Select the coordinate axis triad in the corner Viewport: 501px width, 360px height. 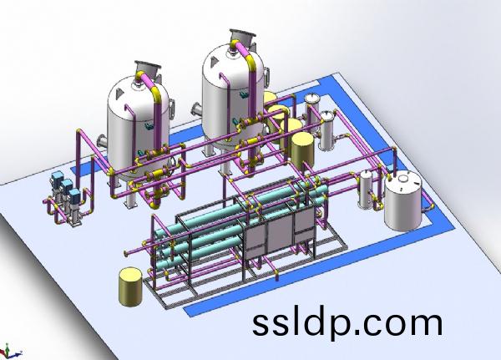coord(11,352)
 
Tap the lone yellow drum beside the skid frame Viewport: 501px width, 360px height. coord(130,286)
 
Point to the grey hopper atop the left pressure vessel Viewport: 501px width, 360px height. coord(147,70)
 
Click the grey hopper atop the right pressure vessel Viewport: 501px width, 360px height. coord(243,39)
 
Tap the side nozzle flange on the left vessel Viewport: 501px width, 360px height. coord(102,141)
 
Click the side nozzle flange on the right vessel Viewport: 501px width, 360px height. coord(196,110)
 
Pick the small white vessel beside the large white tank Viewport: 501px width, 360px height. coord(365,190)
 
